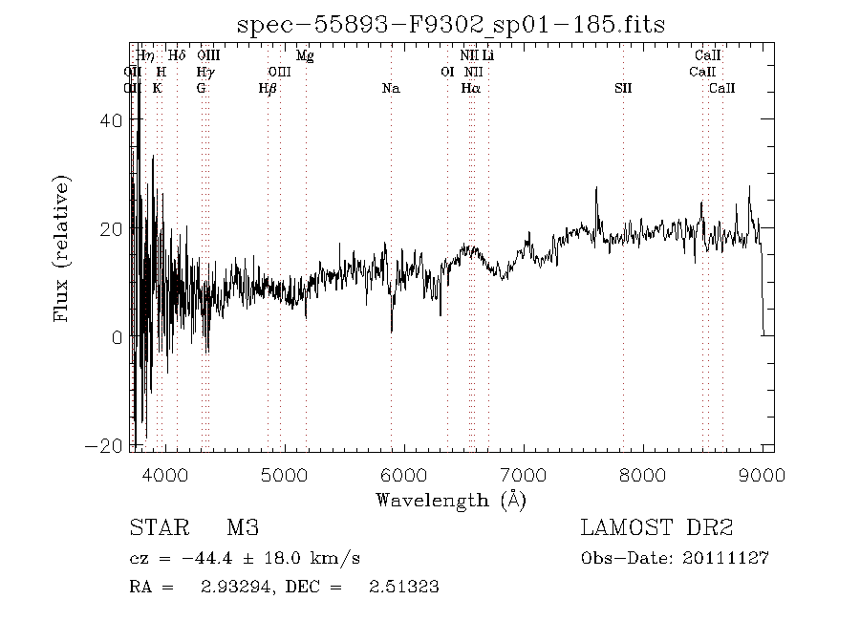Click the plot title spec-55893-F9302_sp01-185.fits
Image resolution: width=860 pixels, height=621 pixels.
(452, 25)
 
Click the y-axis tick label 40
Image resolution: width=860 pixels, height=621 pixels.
(113, 120)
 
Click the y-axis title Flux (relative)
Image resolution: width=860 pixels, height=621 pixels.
(63, 247)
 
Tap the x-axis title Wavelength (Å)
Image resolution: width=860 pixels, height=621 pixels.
(451, 500)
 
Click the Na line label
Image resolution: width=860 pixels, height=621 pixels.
(390, 89)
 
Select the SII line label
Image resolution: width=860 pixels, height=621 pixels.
(623, 89)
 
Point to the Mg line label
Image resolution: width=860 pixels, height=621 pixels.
(305, 56)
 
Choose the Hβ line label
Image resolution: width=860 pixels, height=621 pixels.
(268, 89)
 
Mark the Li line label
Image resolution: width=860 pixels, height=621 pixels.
(487, 56)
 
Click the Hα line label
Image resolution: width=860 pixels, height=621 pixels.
(469, 89)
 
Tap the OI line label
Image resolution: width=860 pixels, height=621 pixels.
(446, 73)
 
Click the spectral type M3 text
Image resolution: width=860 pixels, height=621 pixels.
(243, 527)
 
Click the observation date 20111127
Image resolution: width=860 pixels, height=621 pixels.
(727, 558)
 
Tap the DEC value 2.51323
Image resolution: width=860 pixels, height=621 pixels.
(403, 588)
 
